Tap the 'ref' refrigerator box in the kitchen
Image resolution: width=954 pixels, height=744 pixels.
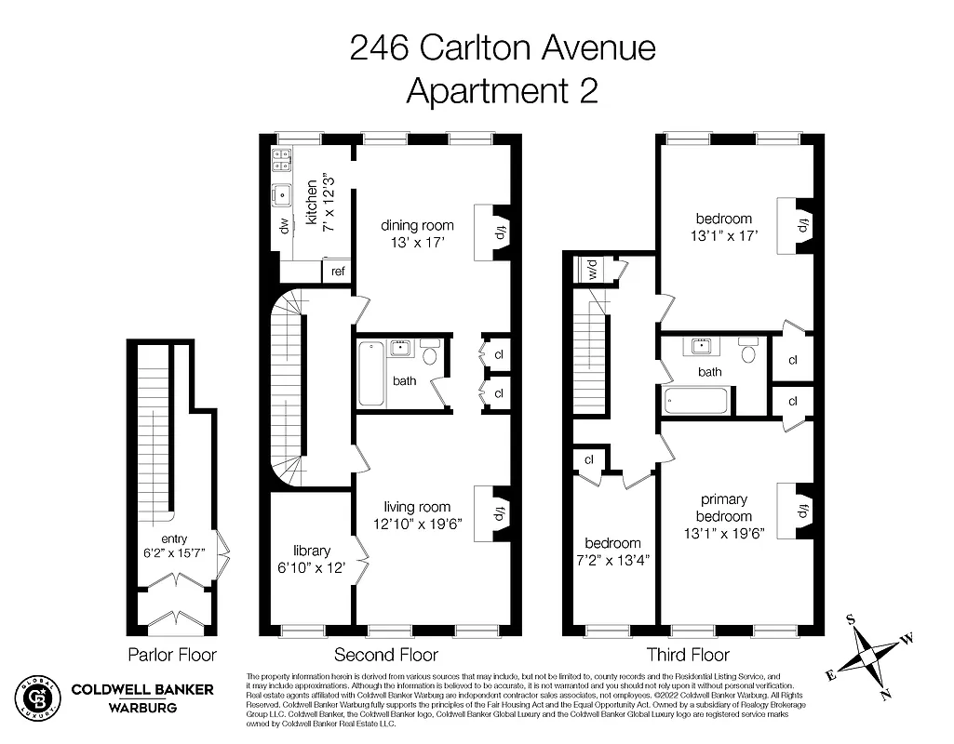coord(338,271)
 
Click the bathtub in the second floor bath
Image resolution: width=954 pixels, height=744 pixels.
coord(371,373)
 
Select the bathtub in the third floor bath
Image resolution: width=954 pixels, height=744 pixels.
coord(697,402)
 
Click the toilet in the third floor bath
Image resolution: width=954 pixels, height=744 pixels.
coord(748,352)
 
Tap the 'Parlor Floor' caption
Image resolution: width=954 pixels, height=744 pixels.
coord(171,654)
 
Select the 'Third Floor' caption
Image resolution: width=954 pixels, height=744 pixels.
coord(688,654)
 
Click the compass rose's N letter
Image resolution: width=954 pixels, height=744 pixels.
coord(886,693)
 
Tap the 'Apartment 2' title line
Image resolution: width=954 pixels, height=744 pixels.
coord(503,90)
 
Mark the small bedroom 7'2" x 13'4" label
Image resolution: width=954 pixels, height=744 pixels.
coord(613,551)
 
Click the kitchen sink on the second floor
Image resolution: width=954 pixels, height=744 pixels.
coord(280,195)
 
